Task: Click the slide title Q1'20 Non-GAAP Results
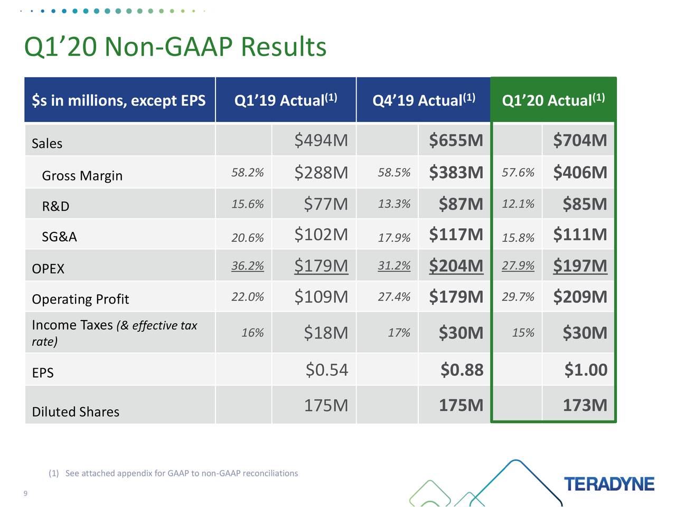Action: coord(175,46)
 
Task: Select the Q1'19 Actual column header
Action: coord(285,100)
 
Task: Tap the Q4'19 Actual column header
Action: coord(424,100)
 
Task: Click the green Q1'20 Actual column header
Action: coord(553,100)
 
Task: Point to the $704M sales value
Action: coord(580,140)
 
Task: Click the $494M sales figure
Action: coord(321,140)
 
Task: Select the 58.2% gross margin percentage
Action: coord(247,173)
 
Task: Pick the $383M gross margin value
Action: coord(456,173)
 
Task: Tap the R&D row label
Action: coord(55,206)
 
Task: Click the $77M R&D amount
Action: coord(325,204)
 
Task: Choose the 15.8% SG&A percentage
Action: coord(518,238)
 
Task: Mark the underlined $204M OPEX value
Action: coord(456,266)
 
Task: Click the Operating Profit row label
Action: coord(80,299)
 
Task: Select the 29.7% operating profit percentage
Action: coord(518,297)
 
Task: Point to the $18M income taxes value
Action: coord(325,333)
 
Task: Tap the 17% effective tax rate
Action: coord(399,333)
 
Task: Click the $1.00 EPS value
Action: coord(586,370)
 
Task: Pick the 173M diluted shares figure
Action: coord(585,405)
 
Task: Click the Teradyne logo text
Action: coord(609,484)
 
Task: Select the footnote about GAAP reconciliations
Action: coord(173,473)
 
